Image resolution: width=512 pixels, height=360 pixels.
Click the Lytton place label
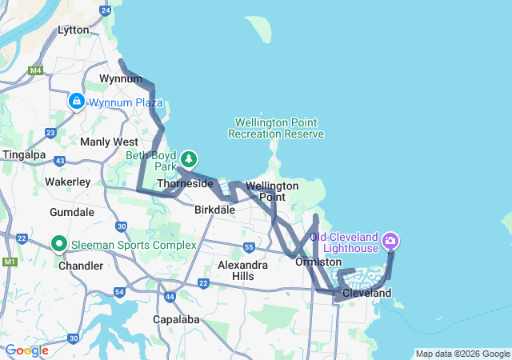click(74, 30)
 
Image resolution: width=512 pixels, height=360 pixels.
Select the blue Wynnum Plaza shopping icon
click(76, 102)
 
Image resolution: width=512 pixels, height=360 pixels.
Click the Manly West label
click(109, 142)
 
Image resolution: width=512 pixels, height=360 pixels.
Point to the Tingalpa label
click(24, 154)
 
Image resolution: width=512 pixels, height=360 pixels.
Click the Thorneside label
click(185, 184)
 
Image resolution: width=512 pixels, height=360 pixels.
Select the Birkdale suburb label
click(214, 210)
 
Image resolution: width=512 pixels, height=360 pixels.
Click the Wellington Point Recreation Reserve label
click(276, 128)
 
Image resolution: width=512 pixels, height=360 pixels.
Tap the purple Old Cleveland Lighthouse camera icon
click(390, 240)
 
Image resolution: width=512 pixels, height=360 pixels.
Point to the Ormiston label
click(318, 262)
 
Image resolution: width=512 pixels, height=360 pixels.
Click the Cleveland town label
click(366, 294)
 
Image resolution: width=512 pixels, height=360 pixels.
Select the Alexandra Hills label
click(243, 270)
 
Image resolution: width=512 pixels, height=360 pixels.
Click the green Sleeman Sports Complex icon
click(59, 243)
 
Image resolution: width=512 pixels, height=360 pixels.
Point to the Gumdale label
click(72, 213)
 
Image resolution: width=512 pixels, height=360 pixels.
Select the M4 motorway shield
click(34, 70)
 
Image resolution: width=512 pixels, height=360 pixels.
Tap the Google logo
click(26, 350)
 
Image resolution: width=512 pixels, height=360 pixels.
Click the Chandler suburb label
click(80, 264)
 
